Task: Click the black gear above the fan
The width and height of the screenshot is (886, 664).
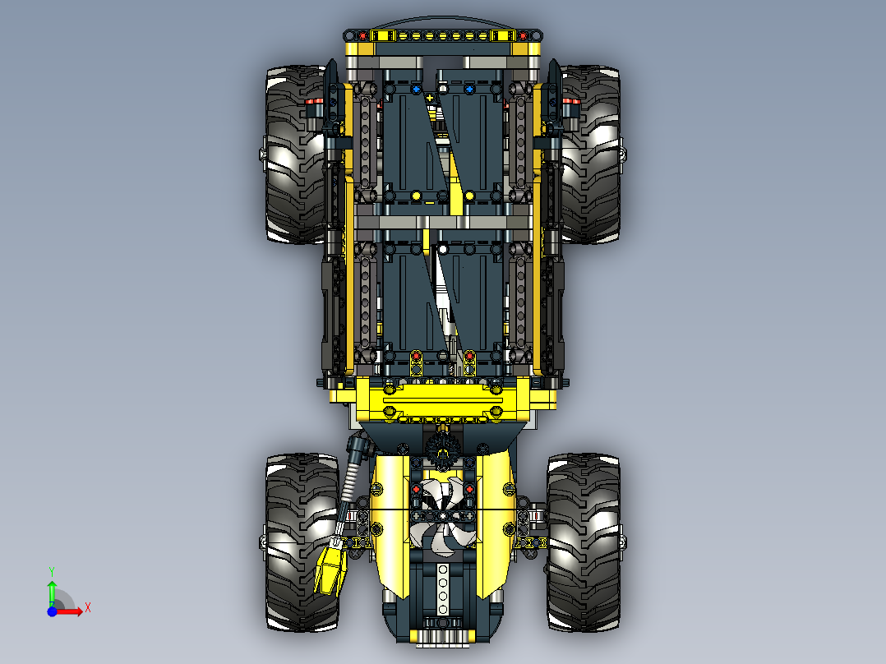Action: (442, 450)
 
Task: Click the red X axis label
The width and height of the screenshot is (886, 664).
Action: (88, 608)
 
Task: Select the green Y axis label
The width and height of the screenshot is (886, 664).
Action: (52, 571)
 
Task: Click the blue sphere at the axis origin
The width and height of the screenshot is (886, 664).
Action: (52, 611)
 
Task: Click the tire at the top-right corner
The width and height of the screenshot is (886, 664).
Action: (588, 154)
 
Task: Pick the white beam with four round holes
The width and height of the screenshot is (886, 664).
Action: (443, 589)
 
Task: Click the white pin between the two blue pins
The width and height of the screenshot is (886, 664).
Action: (444, 88)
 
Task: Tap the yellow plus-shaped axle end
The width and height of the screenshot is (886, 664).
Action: (429, 98)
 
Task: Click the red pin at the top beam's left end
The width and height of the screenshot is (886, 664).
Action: (362, 36)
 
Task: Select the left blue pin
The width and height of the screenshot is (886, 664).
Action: (417, 89)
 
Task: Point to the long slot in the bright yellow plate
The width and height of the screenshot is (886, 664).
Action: (442, 400)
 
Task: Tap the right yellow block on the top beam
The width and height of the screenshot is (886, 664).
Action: (502, 36)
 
